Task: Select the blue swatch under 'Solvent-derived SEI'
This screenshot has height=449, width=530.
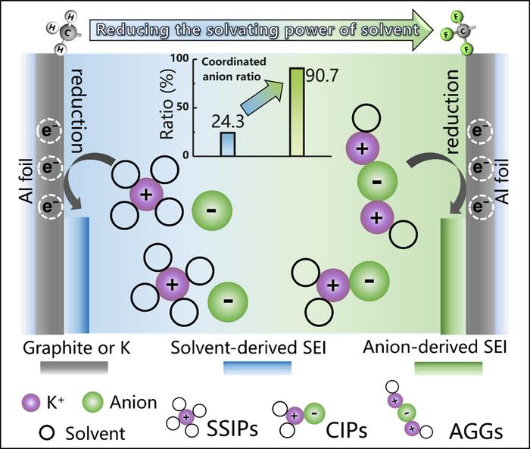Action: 257,368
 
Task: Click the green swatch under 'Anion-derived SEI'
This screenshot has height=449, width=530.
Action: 448,368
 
